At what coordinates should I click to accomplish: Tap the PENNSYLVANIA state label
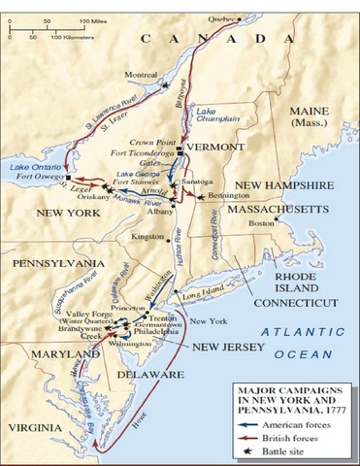(x=52, y=263)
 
